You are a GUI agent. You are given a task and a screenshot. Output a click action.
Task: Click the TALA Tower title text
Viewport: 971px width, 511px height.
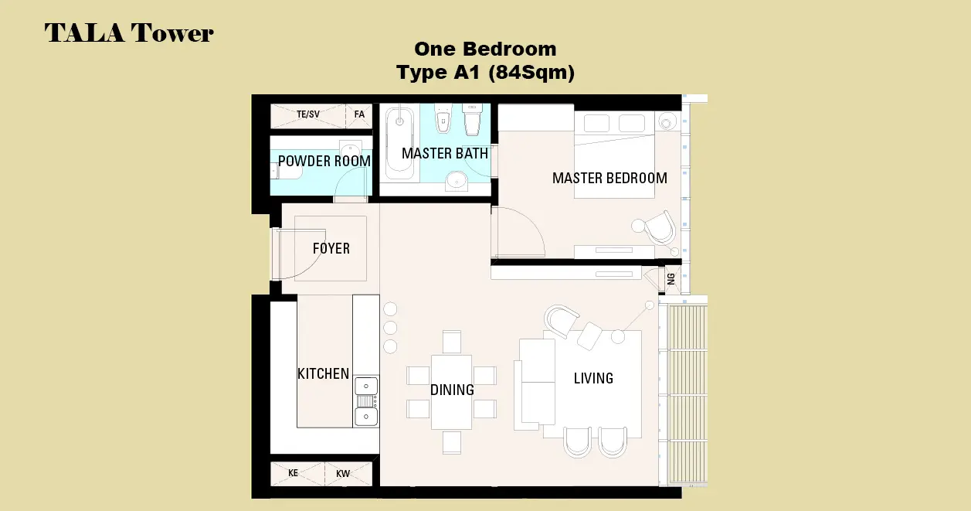point(129,33)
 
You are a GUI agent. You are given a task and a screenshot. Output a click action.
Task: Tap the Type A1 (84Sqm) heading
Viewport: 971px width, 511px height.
point(485,72)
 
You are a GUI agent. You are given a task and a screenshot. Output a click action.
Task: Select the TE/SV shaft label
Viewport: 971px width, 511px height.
point(307,114)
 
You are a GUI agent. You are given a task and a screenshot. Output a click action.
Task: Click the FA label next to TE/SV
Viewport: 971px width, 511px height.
point(359,114)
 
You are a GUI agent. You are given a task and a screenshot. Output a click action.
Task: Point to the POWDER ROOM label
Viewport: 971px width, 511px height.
point(324,162)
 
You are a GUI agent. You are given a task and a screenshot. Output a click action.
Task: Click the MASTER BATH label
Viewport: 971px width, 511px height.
point(445,154)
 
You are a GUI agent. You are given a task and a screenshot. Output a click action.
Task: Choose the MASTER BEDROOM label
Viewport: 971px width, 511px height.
point(609,179)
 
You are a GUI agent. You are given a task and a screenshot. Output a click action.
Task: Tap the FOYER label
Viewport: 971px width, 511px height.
point(331,249)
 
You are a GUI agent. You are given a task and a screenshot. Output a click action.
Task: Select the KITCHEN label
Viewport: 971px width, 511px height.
point(324,374)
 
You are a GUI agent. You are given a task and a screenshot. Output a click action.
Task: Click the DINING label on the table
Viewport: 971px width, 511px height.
point(452,390)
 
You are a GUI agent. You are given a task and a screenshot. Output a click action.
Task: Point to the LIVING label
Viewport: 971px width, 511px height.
point(593,378)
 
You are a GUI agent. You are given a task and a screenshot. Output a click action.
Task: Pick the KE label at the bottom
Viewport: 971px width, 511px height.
point(293,473)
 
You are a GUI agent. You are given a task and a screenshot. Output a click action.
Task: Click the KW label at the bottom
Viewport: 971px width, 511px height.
point(343,474)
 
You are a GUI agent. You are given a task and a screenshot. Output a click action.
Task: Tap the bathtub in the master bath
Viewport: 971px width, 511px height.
point(399,143)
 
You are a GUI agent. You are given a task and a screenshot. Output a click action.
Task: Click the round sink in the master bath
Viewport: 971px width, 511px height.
point(457,180)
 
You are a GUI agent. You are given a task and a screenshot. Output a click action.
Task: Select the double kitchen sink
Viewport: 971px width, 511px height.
point(366,402)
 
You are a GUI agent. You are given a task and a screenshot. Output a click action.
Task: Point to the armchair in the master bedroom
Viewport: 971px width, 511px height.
point(660,228)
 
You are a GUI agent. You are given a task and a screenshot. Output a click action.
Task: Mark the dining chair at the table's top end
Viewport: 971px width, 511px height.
point(452,342)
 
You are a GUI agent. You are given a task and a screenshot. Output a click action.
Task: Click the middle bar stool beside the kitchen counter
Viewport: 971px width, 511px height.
point(390,328)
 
